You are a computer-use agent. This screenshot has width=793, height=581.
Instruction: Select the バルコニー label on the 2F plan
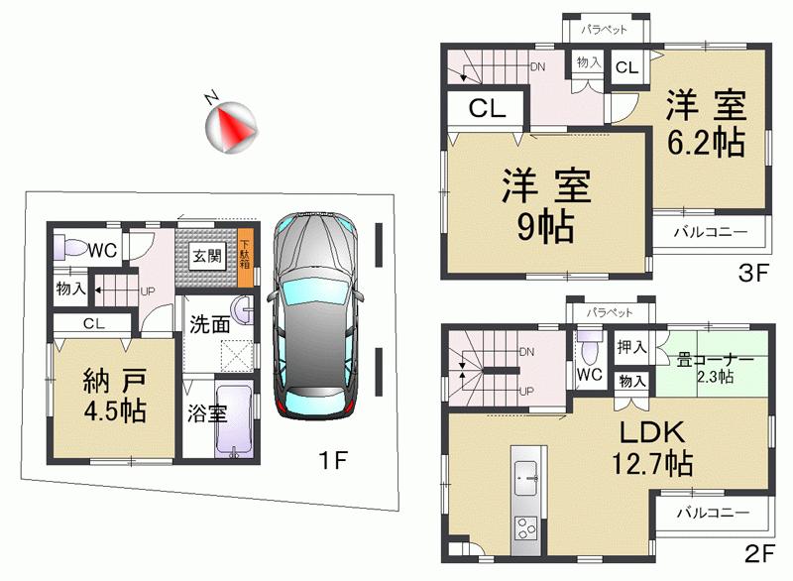click(x=711, y=513)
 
